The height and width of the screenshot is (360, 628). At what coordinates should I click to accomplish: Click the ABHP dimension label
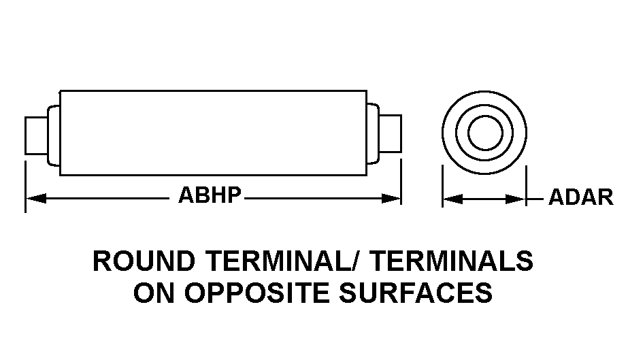210,195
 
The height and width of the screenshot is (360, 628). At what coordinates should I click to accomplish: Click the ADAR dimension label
581,197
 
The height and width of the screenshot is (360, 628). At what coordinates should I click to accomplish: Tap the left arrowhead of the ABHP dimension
36,198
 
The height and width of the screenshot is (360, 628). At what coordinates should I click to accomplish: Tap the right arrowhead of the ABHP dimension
391,198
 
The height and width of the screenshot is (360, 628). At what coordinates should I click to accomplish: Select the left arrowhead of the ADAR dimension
453,199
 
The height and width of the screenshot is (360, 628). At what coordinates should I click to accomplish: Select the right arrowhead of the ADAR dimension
515,199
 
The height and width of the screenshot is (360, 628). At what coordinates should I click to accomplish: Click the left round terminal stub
37,135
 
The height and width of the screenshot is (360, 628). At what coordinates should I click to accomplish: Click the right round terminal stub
390,134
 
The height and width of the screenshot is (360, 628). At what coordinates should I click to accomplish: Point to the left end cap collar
54,135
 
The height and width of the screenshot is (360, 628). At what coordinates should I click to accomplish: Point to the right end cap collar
372,133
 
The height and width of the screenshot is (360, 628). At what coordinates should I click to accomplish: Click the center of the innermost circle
485,133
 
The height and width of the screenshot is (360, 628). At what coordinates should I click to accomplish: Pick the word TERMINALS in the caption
451,261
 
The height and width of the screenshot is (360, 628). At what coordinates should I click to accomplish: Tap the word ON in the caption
154,293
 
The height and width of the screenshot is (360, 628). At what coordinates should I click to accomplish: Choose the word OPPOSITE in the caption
257,293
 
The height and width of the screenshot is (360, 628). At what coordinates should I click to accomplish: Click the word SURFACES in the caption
416,293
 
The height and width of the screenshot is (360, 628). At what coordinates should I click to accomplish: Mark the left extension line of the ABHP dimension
26,186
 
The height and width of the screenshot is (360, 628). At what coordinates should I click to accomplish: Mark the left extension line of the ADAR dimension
442,186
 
